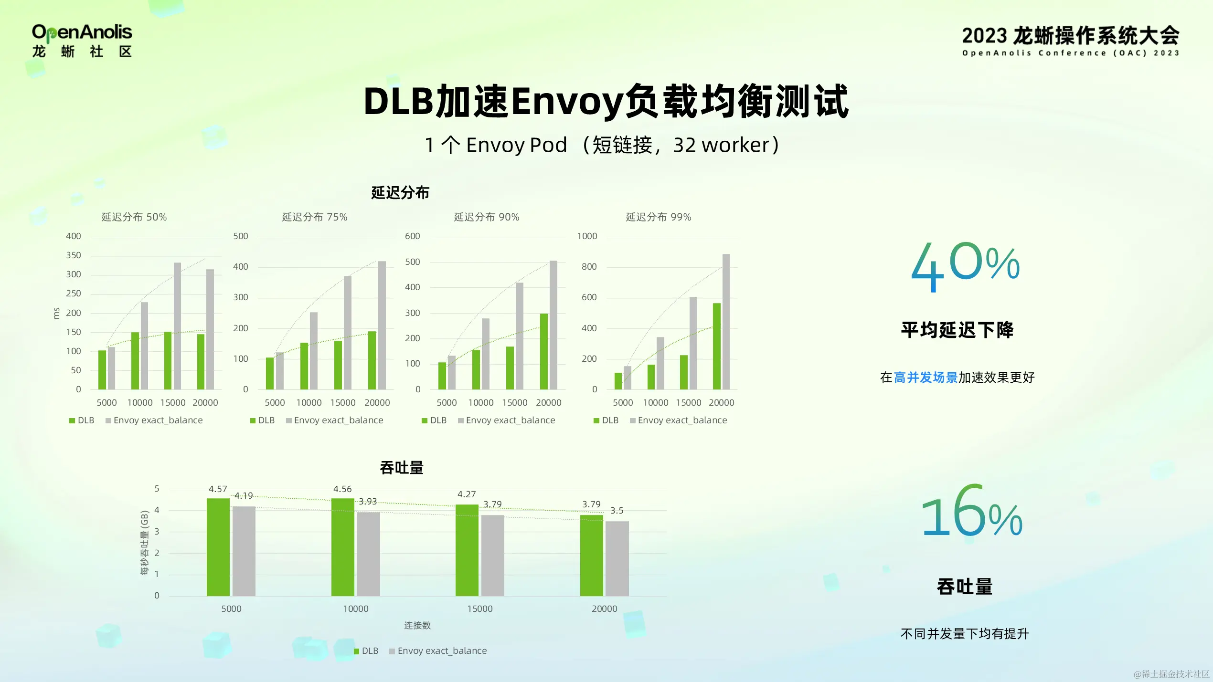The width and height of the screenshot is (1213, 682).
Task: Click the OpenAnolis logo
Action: (x=82, y=41)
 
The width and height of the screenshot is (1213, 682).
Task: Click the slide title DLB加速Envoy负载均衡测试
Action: (x=606, y=101)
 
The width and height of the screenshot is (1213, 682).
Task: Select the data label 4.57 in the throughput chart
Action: (x=218, y=489)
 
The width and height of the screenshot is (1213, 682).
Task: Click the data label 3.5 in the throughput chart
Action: (x=617, y=511)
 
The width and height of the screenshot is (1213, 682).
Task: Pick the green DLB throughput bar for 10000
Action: (x=342, y=547)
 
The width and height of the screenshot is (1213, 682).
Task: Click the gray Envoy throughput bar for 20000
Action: (x=617, y=558)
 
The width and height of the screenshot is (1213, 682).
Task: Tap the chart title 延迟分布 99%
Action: (x=658, y=217)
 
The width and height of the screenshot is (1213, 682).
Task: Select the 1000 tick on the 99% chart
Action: (x=587, y=236)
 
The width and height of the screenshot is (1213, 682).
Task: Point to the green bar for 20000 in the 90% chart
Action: (x=543, y=351)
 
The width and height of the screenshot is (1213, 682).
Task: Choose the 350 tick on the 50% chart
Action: (x=74, y=255)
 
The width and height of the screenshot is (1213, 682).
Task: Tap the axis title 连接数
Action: (x=417, y=625)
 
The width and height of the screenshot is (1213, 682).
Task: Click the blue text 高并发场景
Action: (x=925, y=378)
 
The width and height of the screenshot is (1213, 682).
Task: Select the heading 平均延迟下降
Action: (x=957, y=330)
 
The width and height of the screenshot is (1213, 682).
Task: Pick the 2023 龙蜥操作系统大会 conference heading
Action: (x=1070, y=36)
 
